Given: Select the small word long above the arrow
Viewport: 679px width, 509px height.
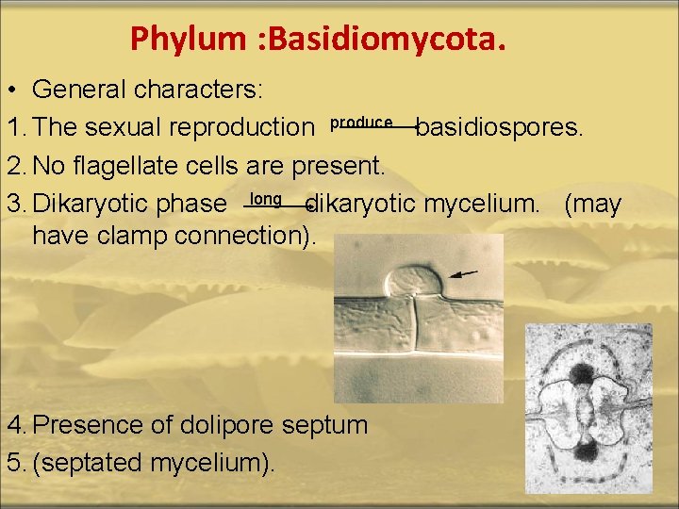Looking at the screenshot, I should click(266, 198).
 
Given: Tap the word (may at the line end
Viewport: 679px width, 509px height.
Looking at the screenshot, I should click(593, 205).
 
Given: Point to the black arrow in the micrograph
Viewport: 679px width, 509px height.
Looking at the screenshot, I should click(462, 274).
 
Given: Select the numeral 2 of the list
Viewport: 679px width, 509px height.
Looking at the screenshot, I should click(13, 166).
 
